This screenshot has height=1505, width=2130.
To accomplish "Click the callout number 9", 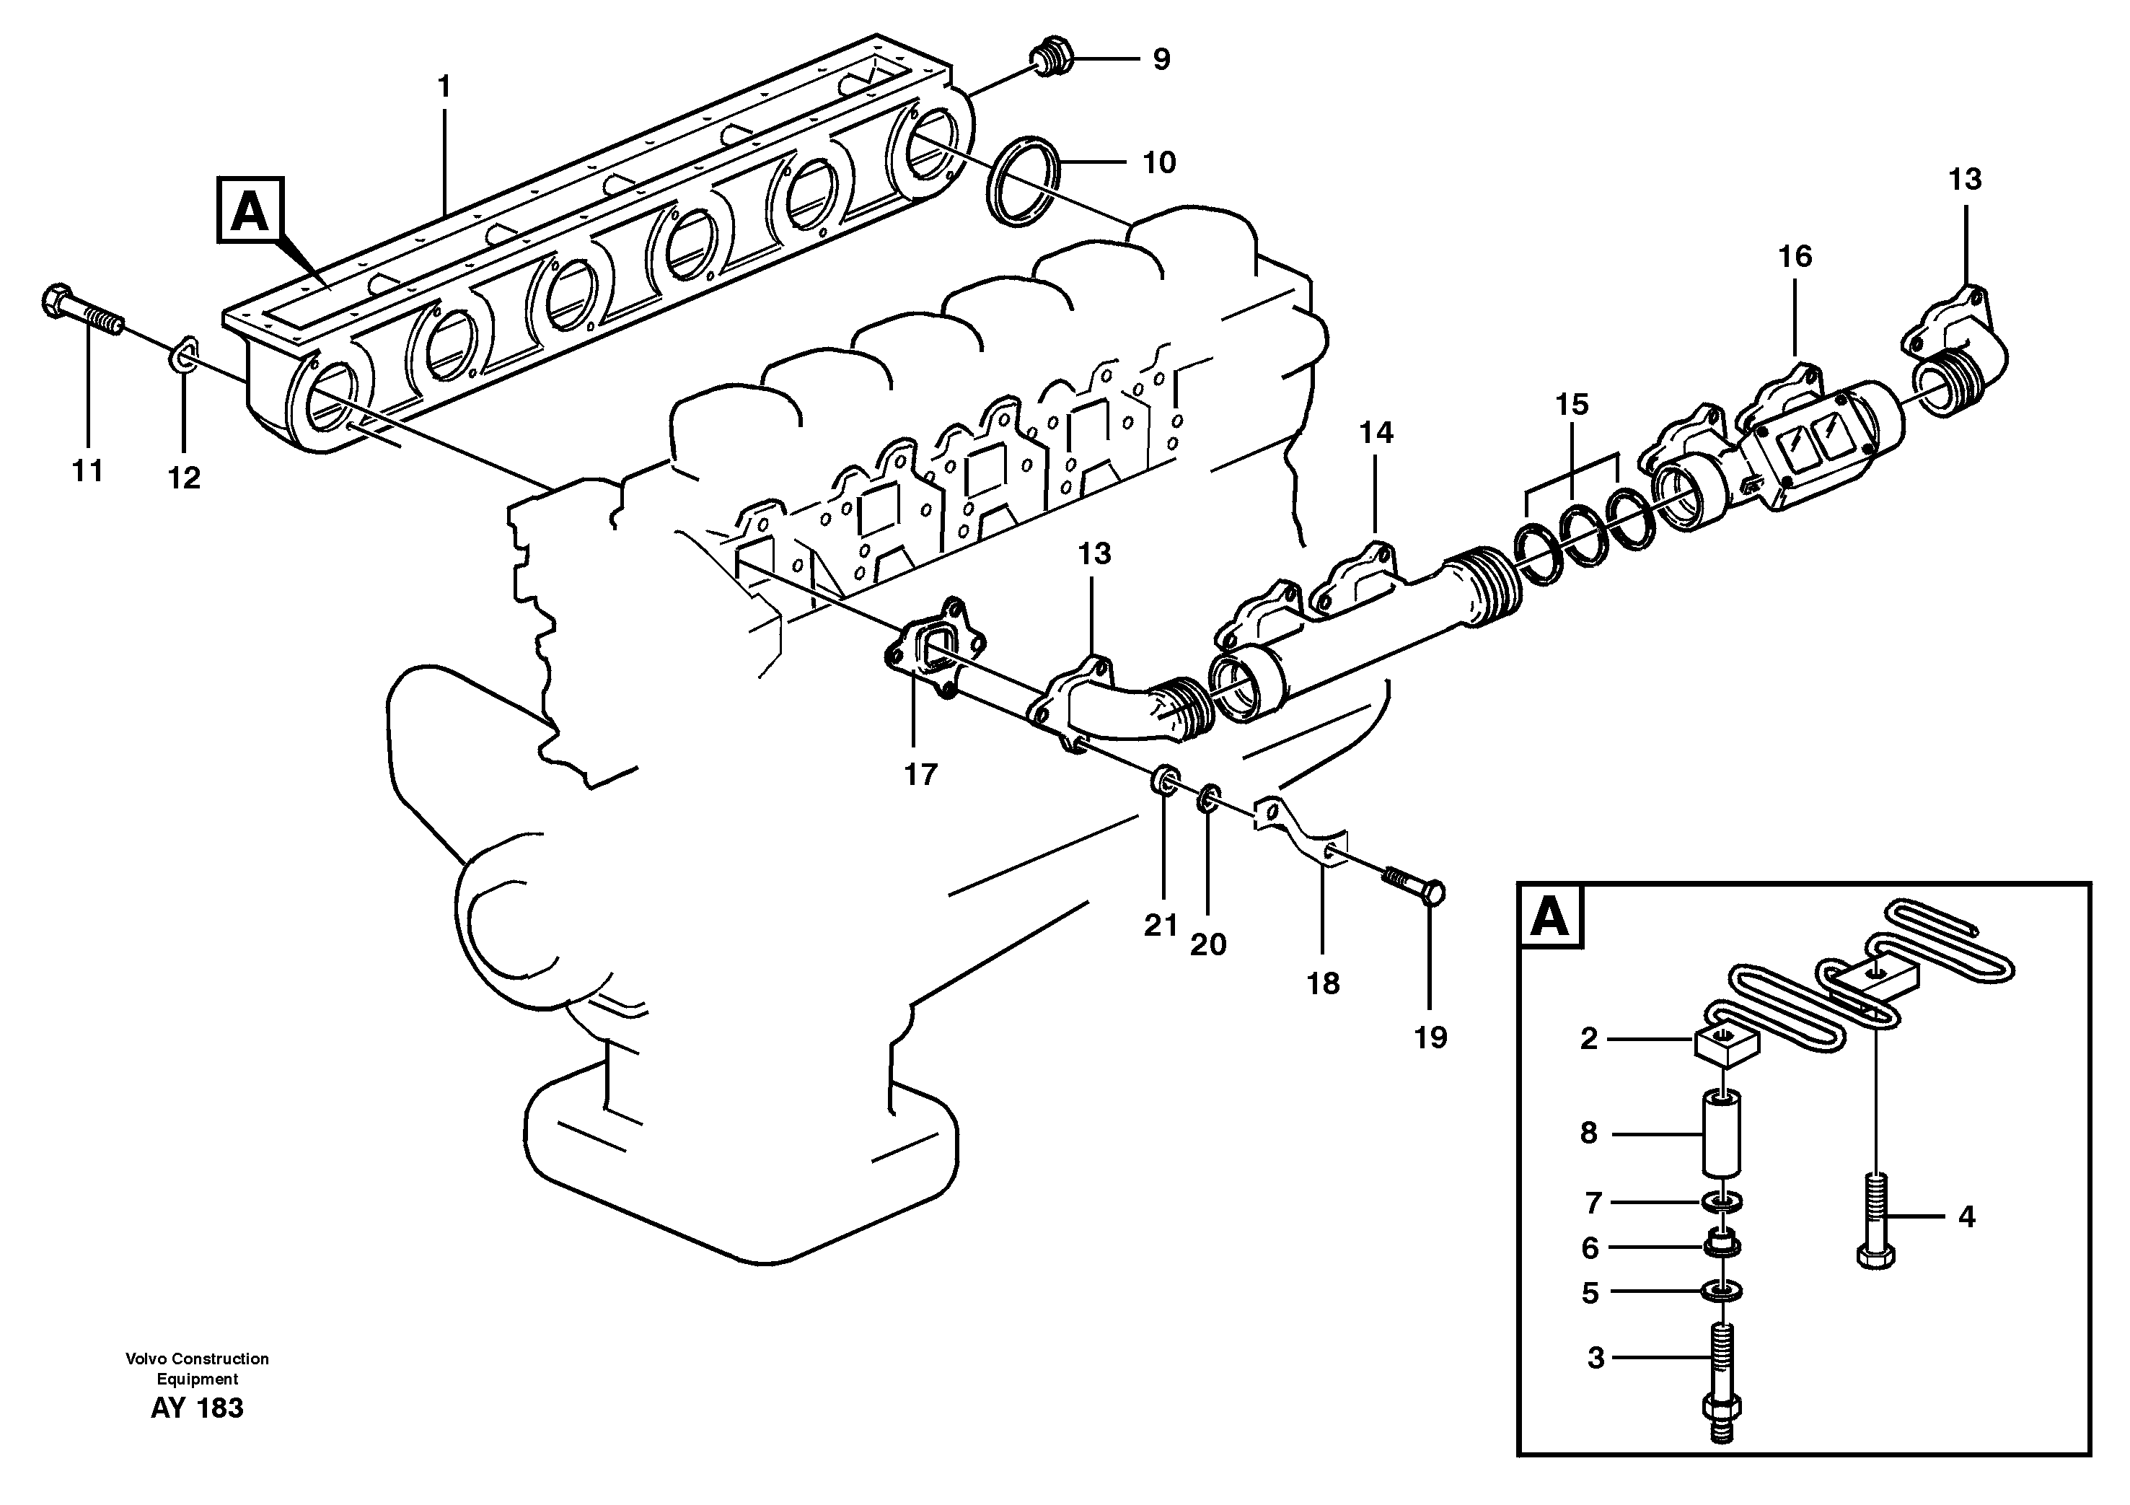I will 1161,59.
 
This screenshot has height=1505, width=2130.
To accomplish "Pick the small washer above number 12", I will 184,354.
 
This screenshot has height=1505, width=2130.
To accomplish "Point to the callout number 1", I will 444,87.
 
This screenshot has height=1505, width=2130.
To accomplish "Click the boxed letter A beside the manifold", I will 250,211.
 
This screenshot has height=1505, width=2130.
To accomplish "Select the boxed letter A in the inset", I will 1549,917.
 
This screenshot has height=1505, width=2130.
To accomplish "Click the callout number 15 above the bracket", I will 1572,405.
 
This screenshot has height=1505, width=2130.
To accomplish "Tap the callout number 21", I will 1160,926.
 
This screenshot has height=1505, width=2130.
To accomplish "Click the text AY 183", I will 197,1408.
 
